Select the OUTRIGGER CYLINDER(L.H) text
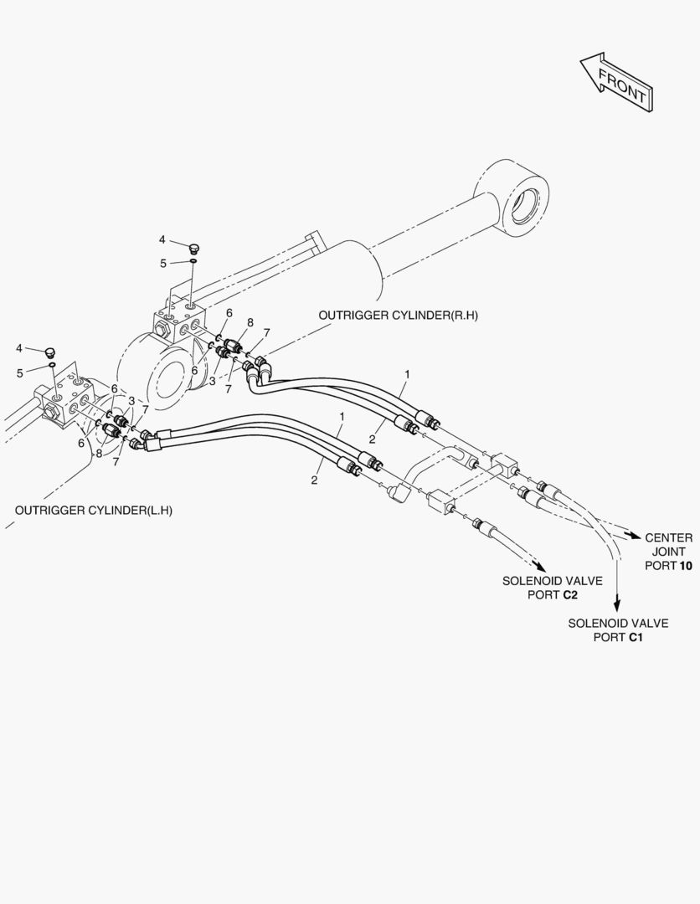tap(99, 510)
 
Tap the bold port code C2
tap(570, 594)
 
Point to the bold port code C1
tap(636, 637)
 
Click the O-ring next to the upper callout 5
tap(193, 262)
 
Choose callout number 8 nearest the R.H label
tap(250, 322)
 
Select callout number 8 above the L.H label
tap(99, 455)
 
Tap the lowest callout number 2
tap(314, 480)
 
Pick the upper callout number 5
tap(163, 263)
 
